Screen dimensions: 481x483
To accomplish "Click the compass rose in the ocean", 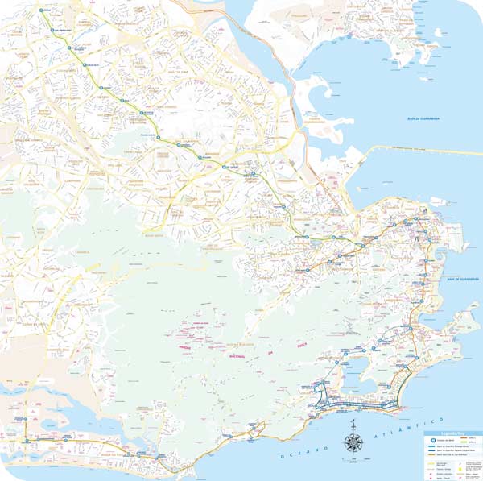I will point(353,442).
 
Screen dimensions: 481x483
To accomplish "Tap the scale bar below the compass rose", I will point(353,462).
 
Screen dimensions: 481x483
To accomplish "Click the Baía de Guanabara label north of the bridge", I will point(422,118).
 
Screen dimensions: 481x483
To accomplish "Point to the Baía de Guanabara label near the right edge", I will point(463,279).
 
